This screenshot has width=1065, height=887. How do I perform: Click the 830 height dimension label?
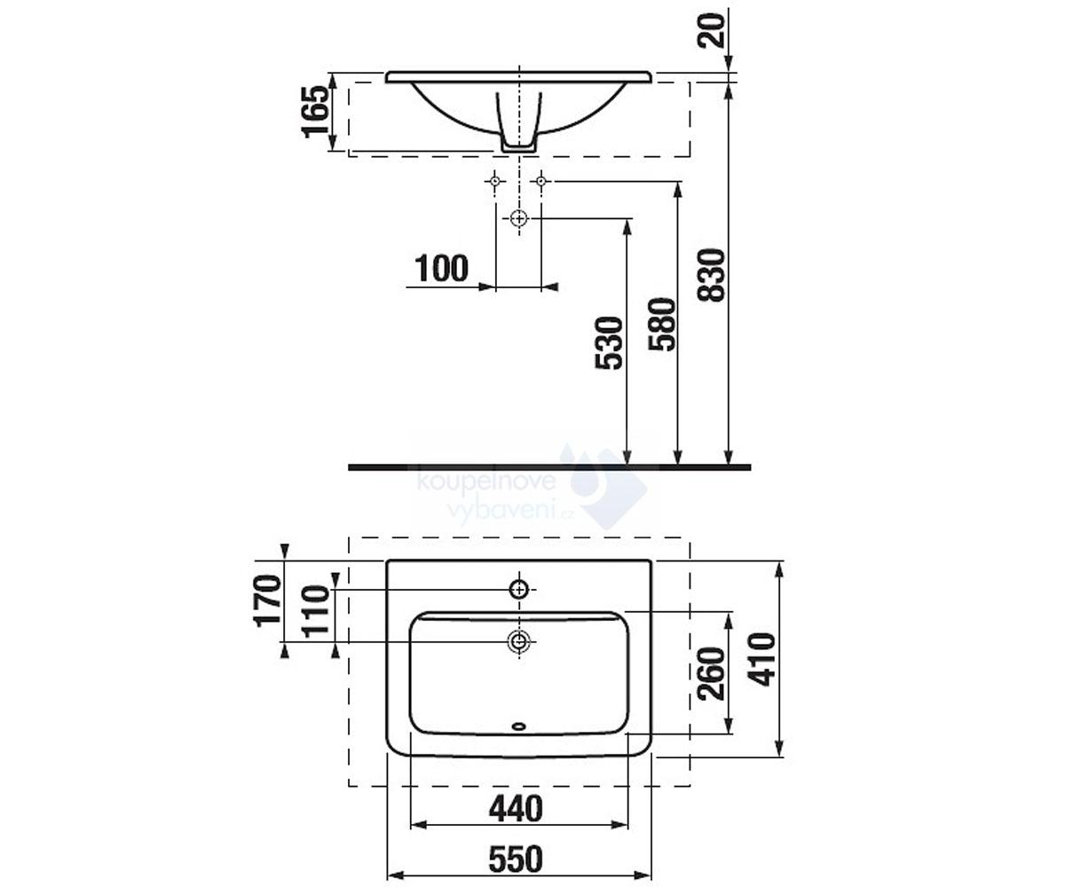pos(711,275)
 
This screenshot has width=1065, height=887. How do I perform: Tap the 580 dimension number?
pos(661,325)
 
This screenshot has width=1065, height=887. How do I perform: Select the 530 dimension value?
pos(609,343)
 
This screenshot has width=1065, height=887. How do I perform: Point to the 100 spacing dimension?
pos(442,269)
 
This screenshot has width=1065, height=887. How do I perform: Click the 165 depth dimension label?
pos(315,112)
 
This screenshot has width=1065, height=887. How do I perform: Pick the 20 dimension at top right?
pos(711,30)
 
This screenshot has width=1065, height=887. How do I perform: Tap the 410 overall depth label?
pos(761,660)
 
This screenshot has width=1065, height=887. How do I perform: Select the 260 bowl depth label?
pos(711,674)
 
